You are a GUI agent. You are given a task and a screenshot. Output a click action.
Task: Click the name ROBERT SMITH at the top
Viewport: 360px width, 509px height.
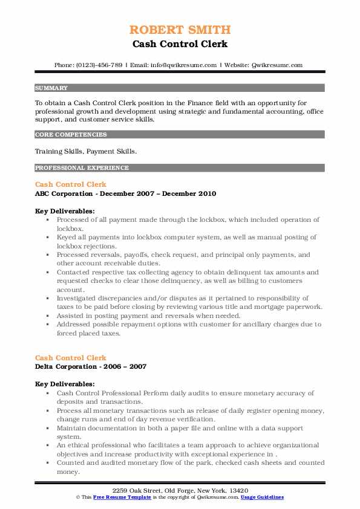180,30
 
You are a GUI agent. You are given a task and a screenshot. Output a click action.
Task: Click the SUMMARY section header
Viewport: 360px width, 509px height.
51,88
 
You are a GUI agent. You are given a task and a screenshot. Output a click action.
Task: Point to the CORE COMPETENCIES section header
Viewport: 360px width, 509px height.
71,135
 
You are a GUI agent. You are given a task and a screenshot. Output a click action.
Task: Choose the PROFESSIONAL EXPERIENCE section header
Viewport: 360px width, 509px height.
82,167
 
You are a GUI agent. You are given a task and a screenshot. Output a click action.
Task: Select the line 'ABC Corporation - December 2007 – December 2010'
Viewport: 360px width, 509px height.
125,193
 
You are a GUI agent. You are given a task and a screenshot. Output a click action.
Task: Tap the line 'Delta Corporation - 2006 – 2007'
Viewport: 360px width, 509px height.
91,366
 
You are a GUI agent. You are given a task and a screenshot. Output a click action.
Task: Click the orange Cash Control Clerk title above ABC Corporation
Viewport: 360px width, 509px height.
71,184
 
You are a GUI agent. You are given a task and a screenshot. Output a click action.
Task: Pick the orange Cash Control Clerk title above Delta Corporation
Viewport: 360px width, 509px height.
71,357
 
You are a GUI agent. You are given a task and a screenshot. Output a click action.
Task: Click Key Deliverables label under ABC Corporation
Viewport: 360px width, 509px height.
65,211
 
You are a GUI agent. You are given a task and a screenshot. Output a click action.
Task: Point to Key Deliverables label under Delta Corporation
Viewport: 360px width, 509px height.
65,384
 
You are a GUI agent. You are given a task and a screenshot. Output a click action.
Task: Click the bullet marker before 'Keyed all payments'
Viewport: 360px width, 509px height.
47,238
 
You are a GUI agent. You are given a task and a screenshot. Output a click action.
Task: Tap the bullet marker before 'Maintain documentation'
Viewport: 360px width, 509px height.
47,427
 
